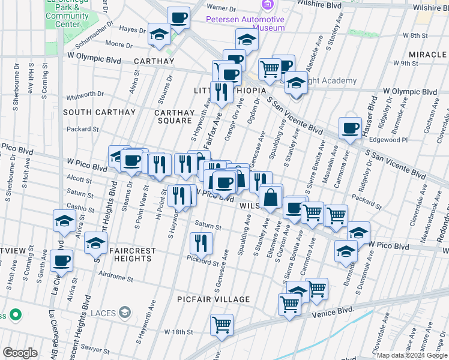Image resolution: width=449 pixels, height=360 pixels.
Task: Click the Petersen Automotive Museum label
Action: pyautogui.click(x=245, y=23)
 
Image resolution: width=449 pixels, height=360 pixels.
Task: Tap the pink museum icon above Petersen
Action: pyautogui.click(x=267, y=5)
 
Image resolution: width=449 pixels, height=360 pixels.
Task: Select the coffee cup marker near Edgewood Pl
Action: pyautogui.click(x=349, y=127)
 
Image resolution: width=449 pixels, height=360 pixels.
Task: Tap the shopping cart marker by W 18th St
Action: pyautogui.click(x=221, y=325)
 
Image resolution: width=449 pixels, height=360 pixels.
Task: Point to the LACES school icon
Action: pyautogui.click(x=125, y=311)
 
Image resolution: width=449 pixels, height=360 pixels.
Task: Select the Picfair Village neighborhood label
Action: pyautogui.click(x=213, y=299)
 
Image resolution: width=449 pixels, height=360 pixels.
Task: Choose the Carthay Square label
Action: pyautogui.click(x=175, y=116)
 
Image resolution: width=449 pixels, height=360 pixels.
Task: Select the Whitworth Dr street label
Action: pyautogui.click(x=85, y=94)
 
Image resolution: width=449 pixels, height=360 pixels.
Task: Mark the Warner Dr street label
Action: pyautogui.click(x=222, y=8)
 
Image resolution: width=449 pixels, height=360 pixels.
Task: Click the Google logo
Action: pyautogui.click(x=19, y=353)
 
